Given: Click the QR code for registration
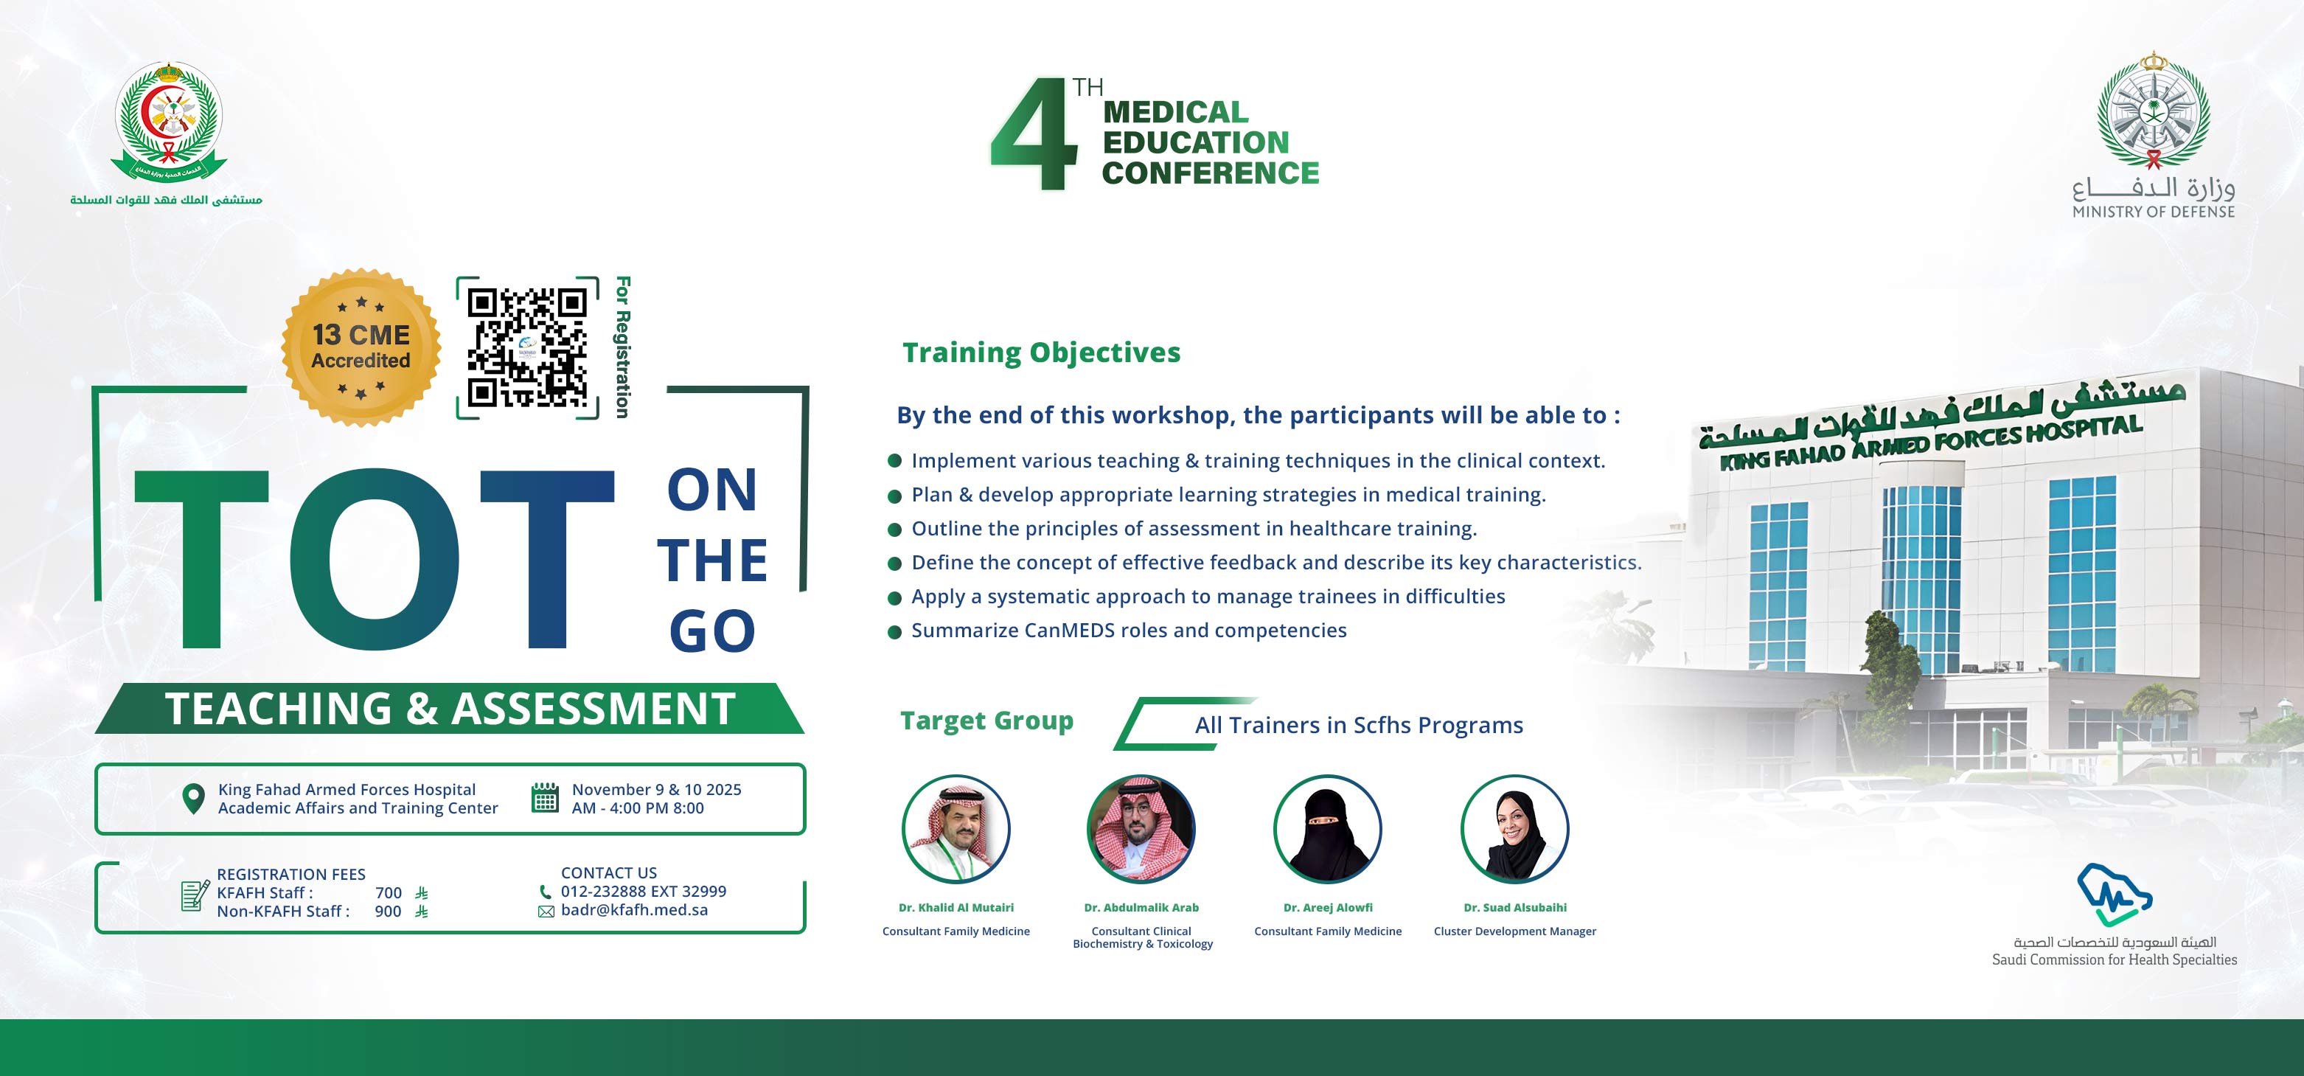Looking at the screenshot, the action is point(527,347).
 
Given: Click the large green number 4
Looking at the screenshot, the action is point(1035,133).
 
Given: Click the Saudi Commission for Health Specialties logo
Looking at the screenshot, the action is point(2114,895).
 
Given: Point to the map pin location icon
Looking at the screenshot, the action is point(192,799).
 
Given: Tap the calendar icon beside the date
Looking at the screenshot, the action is point(545,797).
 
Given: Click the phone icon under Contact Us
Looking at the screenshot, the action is point(546,892).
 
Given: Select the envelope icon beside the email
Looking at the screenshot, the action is point(546,912).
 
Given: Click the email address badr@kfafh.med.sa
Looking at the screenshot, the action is point(634,909).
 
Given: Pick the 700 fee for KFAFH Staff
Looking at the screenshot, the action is point(388,892).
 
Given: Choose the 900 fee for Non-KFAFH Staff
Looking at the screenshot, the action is point(388,912).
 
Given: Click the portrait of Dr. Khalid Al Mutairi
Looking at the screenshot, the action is point(956,829).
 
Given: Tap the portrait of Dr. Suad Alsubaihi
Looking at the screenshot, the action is point(1514,829).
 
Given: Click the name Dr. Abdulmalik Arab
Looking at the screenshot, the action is point(1141,907).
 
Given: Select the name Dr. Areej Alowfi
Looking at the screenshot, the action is point(1327,907).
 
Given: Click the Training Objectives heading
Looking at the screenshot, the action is point(1041,353).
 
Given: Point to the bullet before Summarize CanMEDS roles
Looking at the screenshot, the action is point(894,632).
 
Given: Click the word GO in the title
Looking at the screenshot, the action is point(712,631).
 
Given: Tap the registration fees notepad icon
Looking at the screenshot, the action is point(195,895).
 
